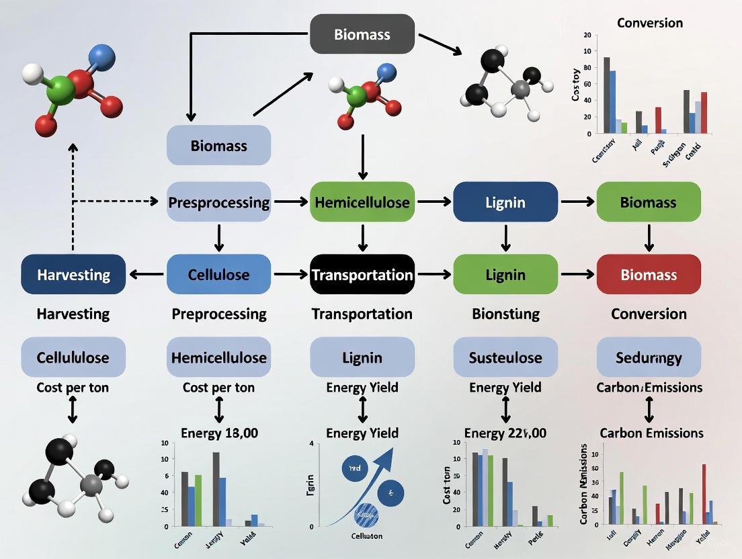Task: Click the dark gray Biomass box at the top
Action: (362, 34)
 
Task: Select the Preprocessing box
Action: (218, 202)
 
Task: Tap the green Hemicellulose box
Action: (362, 202)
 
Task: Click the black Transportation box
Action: (362, 274)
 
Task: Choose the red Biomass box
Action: (649, 274)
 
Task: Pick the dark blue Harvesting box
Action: (73, 274)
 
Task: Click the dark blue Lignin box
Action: (505, 202)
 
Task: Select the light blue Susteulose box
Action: (505, 357)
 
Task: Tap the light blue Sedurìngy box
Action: (649, 357)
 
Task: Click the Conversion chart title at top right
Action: (649, 23)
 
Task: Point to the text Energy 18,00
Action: (219, 433)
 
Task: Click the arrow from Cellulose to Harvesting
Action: (146, 274)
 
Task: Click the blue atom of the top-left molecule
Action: (101, 58)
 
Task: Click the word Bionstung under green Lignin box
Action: (505, 314)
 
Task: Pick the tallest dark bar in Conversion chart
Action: (606, 95)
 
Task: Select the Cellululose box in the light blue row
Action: (73, 357)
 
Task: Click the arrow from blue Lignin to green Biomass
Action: (577, 202)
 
